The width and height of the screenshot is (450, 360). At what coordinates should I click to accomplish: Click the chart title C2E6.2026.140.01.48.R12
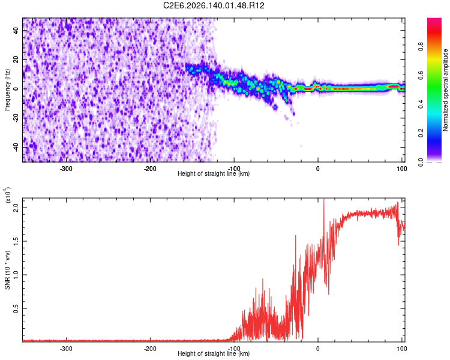tap(214, 5)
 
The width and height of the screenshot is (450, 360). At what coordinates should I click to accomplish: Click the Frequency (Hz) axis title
tap(7, 89)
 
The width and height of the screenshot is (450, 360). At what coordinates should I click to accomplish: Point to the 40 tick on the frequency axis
tap(16, 30)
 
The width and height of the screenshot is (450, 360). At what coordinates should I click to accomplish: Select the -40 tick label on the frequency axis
tap(16, 148)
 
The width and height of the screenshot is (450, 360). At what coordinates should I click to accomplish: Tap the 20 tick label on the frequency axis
tap(16, 59)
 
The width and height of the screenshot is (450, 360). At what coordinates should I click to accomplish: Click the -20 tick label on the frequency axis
tap(16, 118)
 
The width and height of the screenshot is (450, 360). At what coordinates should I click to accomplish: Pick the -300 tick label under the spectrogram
tap(66, 169)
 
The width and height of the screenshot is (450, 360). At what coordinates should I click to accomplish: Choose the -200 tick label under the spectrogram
tap(150, 169)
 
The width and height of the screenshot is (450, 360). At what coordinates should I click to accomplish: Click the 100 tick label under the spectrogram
tap(402, 169)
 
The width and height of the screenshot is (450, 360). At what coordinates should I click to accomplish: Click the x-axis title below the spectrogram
tap(214, 173)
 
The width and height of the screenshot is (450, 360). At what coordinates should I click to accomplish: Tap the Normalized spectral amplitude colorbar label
tap(445, 90)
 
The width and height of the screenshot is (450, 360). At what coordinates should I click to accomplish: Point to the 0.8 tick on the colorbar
tap(421, 47)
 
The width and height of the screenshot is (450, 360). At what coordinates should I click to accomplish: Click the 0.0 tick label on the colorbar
tap(421, 162)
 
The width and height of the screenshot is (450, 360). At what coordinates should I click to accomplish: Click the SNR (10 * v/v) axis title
tap(7, 270)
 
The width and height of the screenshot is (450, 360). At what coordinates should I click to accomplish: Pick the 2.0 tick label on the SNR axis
tap(16, 208)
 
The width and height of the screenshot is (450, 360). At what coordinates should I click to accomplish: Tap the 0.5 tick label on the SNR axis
tap(16, 308)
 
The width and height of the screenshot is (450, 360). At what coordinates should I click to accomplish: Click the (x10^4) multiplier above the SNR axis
tap(8, 194)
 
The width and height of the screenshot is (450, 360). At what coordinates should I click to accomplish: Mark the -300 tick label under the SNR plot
tap(66, 349)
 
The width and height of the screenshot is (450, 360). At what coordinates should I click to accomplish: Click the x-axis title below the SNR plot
tap(214, 353)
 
